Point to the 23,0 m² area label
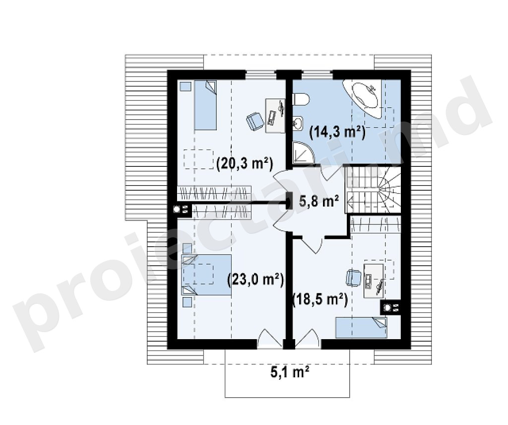[255, 279]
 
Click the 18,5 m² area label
[320, 300]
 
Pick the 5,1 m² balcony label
[289, 372]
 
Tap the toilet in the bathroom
[301, 99]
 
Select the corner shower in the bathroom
[303, 153]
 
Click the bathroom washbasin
[298, 124]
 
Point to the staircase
[373, 190]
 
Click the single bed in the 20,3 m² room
[205, 105]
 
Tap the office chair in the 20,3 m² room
[254, 122]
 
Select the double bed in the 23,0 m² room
[206, 275]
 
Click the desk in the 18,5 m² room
[374, 281]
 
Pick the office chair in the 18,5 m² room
[353, 278]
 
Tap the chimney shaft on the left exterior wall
[182, 210]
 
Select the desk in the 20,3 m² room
[275, 116]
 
